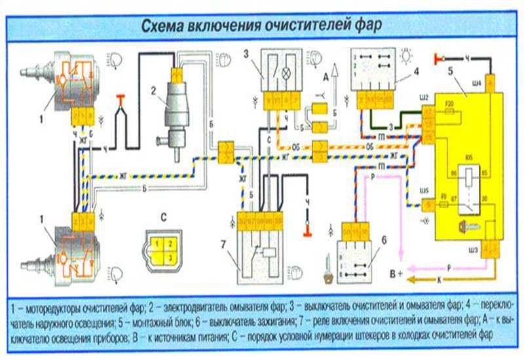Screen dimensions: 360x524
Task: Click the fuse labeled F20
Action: [450, 104]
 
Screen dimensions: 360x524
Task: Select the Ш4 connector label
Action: [477, 83]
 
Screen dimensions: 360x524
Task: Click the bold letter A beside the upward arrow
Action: [325, 77]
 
